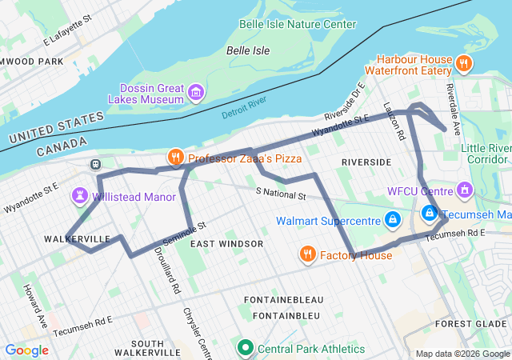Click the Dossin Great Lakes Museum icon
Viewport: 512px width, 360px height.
(195, 94)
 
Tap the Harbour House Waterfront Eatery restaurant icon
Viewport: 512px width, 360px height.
(463, 63)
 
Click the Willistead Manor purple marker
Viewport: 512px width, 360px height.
(80, 195)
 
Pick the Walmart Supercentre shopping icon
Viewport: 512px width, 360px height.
(392, 219)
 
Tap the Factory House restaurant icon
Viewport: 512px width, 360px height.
(307, 255)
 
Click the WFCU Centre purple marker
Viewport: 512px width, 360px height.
(463, 190)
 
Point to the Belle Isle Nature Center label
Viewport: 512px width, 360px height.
(298, 24)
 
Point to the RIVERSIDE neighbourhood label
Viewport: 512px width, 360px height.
(366, 162)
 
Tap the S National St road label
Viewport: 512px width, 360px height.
(281, 194)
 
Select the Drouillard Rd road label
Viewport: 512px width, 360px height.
(165, 277)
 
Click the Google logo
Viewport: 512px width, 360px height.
(26, 350)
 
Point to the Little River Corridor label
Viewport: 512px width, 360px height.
(486, 154)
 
